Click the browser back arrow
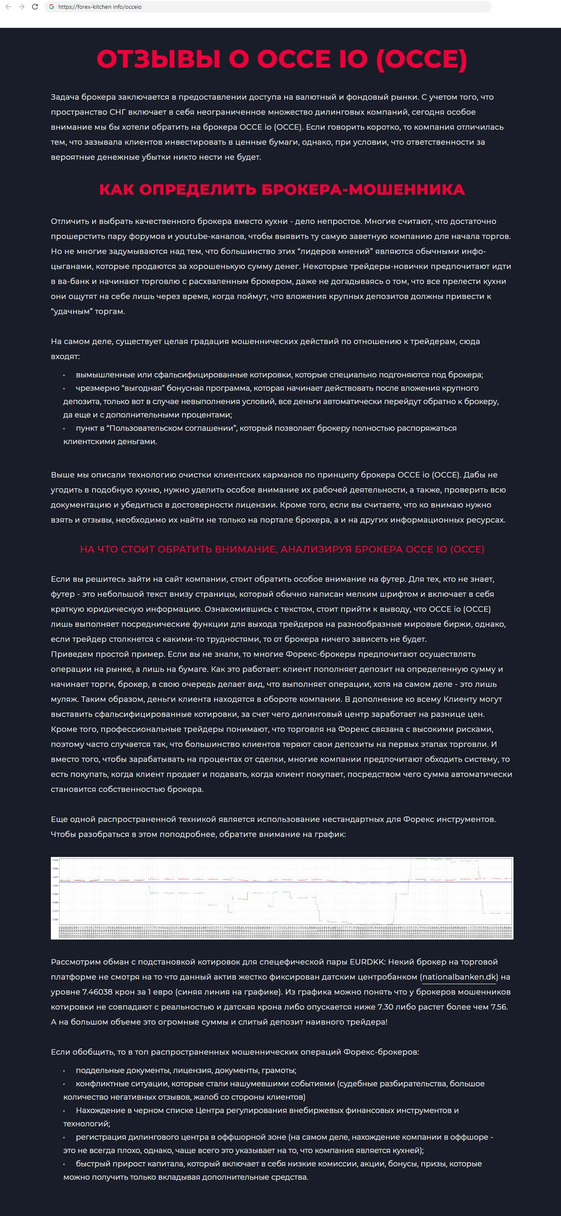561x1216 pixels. point(8,7)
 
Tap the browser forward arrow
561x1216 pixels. point(21,7)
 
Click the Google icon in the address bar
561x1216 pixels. point(51,7)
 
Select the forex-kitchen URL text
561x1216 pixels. point(100,7)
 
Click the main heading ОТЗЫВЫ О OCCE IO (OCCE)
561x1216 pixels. point(282,59)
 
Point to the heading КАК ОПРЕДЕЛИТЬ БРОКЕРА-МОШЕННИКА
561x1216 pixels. point(282,189)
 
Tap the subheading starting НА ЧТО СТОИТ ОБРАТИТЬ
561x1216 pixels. point(282,549)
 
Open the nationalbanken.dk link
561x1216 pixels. point(458,977)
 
